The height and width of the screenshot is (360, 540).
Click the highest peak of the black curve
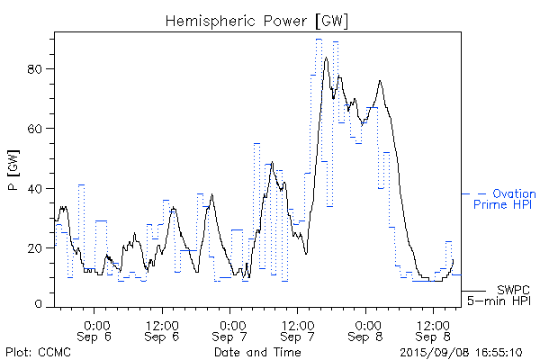coord(327,58)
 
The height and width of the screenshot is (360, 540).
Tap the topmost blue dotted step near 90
coord(319,40)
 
